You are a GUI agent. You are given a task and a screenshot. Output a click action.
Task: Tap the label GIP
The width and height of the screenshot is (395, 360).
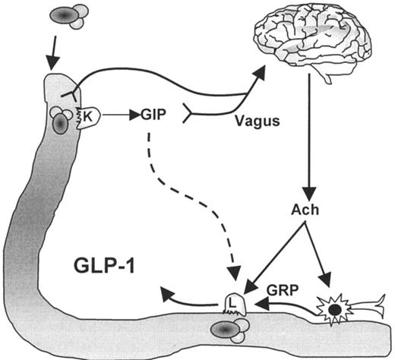point(153,115)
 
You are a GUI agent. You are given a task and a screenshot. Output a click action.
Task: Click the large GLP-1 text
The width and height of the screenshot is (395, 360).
point(106,269)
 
